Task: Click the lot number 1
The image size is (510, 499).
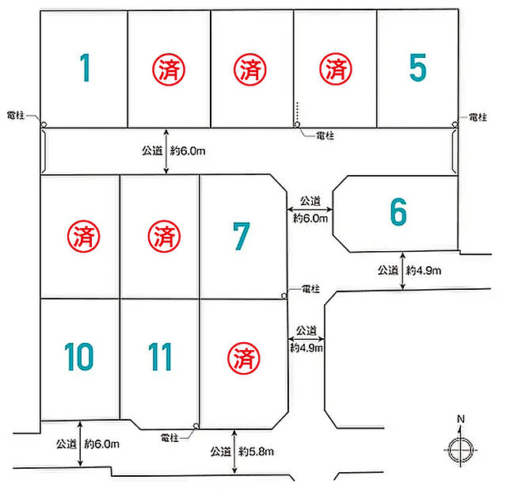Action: (86, 67)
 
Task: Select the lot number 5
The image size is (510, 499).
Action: (418, 67)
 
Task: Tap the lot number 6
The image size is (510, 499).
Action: (398, 211)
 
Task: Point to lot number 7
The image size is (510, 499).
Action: (242, 236)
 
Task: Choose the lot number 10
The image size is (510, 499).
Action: (79, 356)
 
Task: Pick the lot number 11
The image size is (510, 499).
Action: (160, 356)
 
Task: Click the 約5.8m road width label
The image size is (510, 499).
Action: (257, 451)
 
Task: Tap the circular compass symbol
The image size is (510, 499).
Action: (460, 450)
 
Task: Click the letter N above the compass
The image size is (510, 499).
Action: (461, 419)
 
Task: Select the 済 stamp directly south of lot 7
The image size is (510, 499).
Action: (244, 358)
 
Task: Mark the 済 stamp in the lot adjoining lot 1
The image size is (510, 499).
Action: (169, 69)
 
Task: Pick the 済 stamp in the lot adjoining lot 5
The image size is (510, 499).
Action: (336, 69)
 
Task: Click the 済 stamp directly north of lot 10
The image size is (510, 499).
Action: (84, 236)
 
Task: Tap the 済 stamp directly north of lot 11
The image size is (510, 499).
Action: (164, 236)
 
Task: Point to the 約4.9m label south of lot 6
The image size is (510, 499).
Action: (424, 270)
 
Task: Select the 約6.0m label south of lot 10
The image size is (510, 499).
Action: (102, 444)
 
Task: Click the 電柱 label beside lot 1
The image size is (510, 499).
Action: (16, 115)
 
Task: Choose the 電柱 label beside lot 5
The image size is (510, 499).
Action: (478, 117)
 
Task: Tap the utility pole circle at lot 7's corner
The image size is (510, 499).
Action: (284, 295)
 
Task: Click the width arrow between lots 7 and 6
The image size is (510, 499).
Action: (310, 209)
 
